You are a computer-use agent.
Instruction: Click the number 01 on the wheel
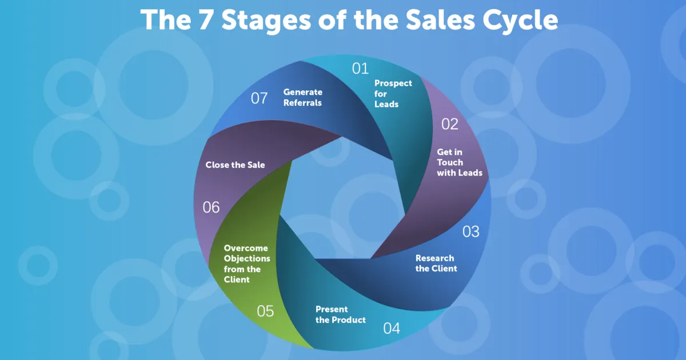(x=360, y=69)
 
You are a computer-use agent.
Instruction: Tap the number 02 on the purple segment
(x=450, y=124)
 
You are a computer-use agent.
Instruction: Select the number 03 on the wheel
(x=470, y=231)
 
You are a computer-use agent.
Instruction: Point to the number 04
(x=392, y=329)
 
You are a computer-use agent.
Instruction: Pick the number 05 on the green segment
(x=265, y=311)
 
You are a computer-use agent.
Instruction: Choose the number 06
(x=212, y=207)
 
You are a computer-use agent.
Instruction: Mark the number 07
(x=260, y=98)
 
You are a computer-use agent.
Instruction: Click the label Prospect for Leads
(x=393, y=94)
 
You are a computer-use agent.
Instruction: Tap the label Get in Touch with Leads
(x=459, y=162)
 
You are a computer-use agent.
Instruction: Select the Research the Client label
(x=436, y=263)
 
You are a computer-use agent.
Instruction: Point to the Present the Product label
(x=340, y=315)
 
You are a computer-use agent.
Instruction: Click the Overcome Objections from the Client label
(x=247, y=264)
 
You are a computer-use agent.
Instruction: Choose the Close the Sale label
(x=235, y=165)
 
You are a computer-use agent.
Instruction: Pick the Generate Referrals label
(x=303, y=98)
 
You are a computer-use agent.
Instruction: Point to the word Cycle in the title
(x=523, y=21)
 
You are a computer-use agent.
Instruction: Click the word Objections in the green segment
(x=247, y=259)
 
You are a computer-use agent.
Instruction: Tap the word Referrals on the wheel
(x=303, y=103)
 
